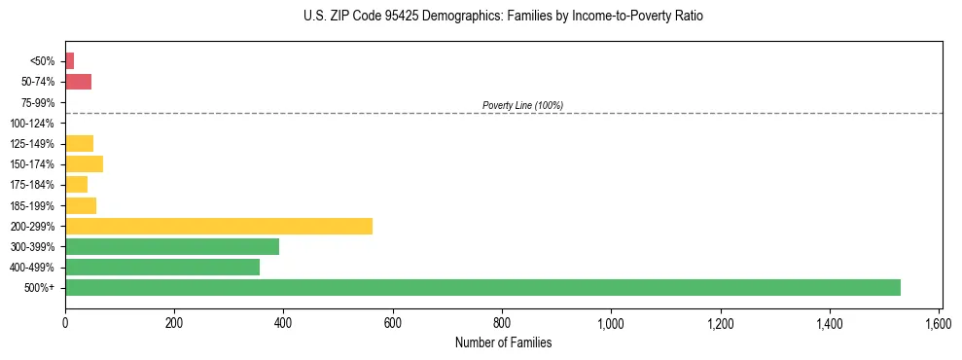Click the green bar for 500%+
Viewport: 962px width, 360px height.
tap(482, 287)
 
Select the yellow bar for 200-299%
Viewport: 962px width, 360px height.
tap(219, 226)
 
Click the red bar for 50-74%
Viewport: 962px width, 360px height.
tap(78, 82)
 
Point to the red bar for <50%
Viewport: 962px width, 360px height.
tap(69, 61)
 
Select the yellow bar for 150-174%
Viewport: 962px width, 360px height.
tap(84, 163)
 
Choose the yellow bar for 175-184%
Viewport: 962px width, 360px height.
tap(76, 184)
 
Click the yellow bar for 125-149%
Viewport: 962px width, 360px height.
tap(79, 143)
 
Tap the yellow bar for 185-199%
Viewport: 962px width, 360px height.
tap(81, 205)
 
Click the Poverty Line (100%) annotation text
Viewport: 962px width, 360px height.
tap(522, 105)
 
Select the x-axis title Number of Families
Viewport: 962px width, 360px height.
tap(503, 342)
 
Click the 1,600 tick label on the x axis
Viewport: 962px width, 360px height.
tap(939, 322)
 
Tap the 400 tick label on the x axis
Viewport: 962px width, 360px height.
tap(283, 322)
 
